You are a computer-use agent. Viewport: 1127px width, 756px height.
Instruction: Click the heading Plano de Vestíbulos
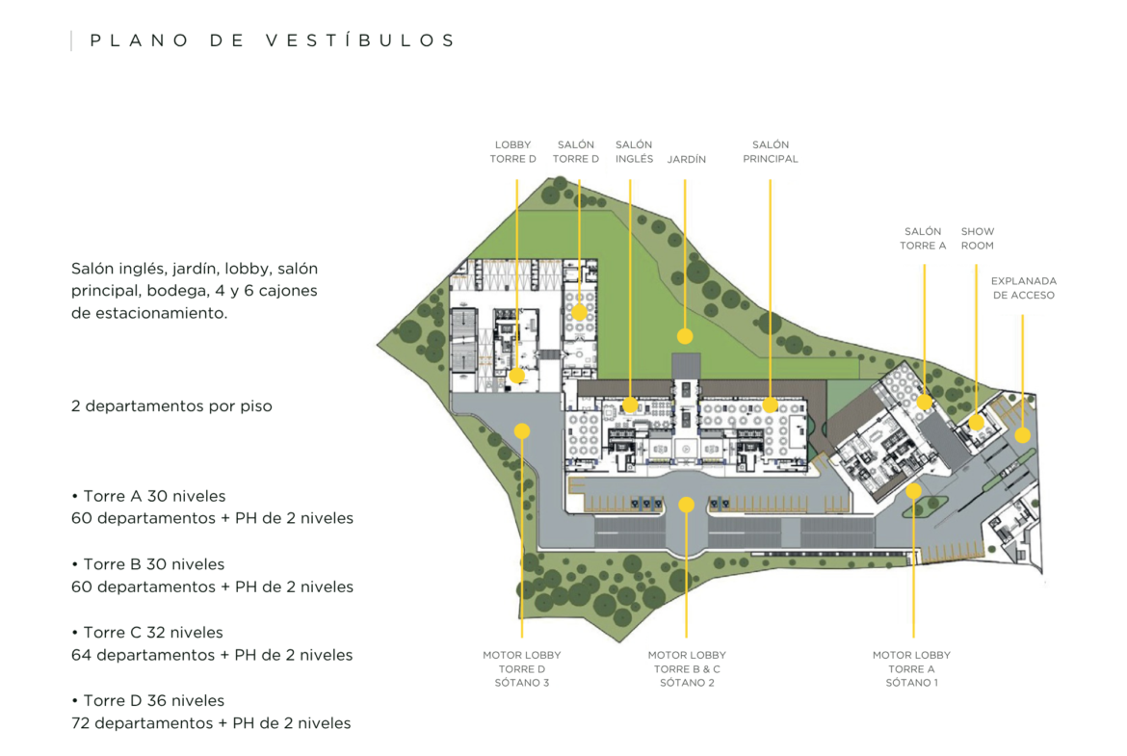(273, 40)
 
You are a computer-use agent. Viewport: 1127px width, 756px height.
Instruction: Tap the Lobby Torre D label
(512, 151)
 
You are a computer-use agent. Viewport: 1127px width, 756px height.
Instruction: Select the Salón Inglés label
(634, 151)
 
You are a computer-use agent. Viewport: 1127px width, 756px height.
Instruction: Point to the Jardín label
(687, 159)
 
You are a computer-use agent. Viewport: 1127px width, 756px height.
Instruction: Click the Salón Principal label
(771, 151)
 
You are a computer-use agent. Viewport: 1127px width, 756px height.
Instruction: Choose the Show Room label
(978, 239)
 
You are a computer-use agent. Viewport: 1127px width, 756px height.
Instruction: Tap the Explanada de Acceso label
(1024, 288)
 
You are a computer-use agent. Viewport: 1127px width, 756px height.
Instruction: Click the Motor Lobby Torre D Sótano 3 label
(522, 668)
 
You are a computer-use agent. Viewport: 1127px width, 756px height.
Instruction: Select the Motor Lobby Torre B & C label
(687, 668)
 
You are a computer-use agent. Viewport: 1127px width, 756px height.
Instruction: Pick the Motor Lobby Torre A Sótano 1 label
(911, 668)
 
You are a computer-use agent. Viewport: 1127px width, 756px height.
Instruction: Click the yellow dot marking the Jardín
(685, 335)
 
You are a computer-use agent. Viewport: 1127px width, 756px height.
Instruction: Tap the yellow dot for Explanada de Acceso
(1022, 434)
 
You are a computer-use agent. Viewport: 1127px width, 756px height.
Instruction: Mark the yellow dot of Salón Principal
(770, 405)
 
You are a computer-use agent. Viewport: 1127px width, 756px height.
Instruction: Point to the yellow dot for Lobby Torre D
(516, 376)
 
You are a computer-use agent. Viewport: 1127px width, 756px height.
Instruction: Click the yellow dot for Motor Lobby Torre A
(913, 491)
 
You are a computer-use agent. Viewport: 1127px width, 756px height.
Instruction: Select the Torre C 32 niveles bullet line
(147, 633)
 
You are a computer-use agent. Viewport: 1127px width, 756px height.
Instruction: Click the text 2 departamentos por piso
(171, 406)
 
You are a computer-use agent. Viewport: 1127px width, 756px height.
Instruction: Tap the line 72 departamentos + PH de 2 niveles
(211, 723)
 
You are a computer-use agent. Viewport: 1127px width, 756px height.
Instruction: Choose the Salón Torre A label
(923, 239)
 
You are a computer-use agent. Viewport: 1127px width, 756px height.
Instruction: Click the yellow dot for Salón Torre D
(579, 312)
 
